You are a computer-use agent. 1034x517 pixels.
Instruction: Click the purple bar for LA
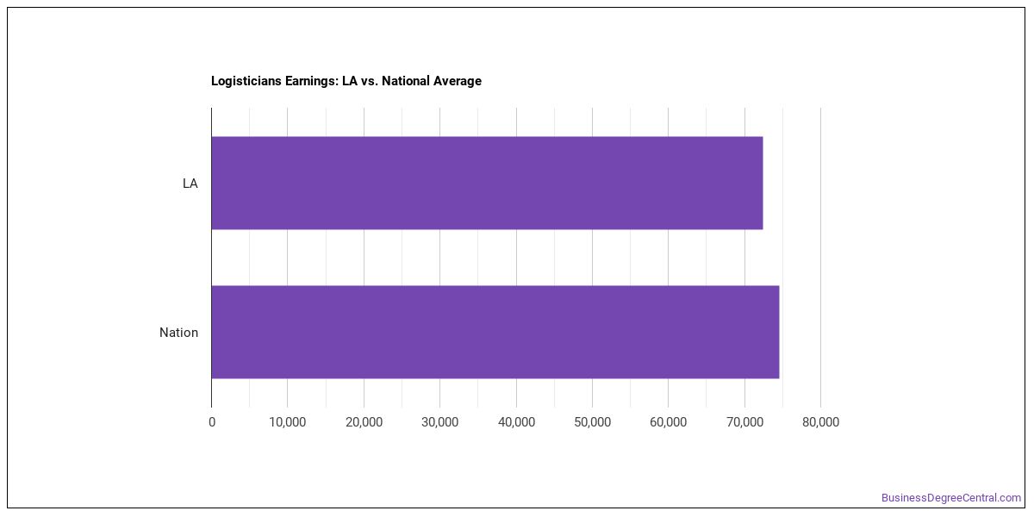(x=487, y=183)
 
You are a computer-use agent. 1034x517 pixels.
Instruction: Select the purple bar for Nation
(x=495, y=332)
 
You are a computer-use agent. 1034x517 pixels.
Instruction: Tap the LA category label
(x=190, y=184)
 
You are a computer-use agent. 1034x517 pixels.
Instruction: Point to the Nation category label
(x=178, y=333)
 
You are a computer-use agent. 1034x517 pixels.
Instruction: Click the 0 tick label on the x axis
(x=212, y=422)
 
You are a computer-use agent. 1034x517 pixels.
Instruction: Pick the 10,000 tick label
(x=288, y=422)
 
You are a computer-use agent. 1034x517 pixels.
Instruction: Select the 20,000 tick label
(x=364, y=422)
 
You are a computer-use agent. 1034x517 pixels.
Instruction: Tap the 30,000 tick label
(x=440, y=422)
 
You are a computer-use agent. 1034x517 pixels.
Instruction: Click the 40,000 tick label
(x=516, y=422)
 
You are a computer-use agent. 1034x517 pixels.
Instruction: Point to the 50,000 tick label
(x=593, y=422)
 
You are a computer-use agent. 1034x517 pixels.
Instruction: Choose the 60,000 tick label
(x=669, y=422)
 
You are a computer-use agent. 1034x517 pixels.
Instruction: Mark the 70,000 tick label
(x=745, y=422)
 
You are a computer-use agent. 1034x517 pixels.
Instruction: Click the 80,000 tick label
(x=820, y=422)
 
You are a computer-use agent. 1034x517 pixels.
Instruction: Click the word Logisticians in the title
(x=246, y=81)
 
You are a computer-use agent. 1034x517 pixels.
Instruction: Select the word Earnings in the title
(x=312, y=82)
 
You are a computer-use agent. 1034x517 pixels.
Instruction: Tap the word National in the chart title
(x=406, y=81)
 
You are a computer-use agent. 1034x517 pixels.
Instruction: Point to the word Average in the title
(x=457, y=81)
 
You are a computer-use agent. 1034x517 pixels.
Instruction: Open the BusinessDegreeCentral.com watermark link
(x=951, y=498)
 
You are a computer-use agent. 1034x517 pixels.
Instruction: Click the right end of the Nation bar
(x=779, y=332)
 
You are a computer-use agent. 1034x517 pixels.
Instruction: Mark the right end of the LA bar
(x=763, y=183)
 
